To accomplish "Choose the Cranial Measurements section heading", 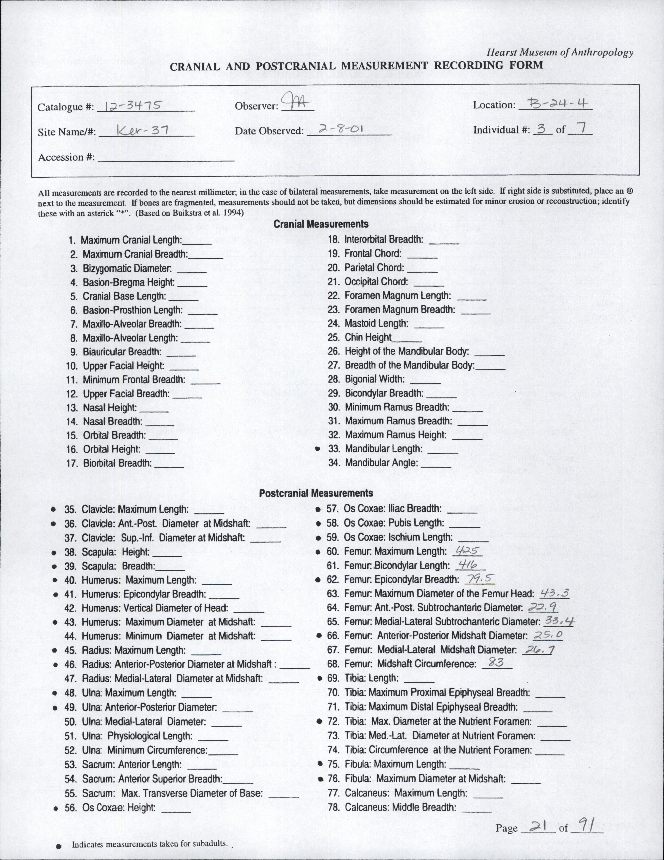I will [321, 224].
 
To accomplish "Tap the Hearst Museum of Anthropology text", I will [560, 52].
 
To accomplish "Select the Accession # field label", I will [66, 158].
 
